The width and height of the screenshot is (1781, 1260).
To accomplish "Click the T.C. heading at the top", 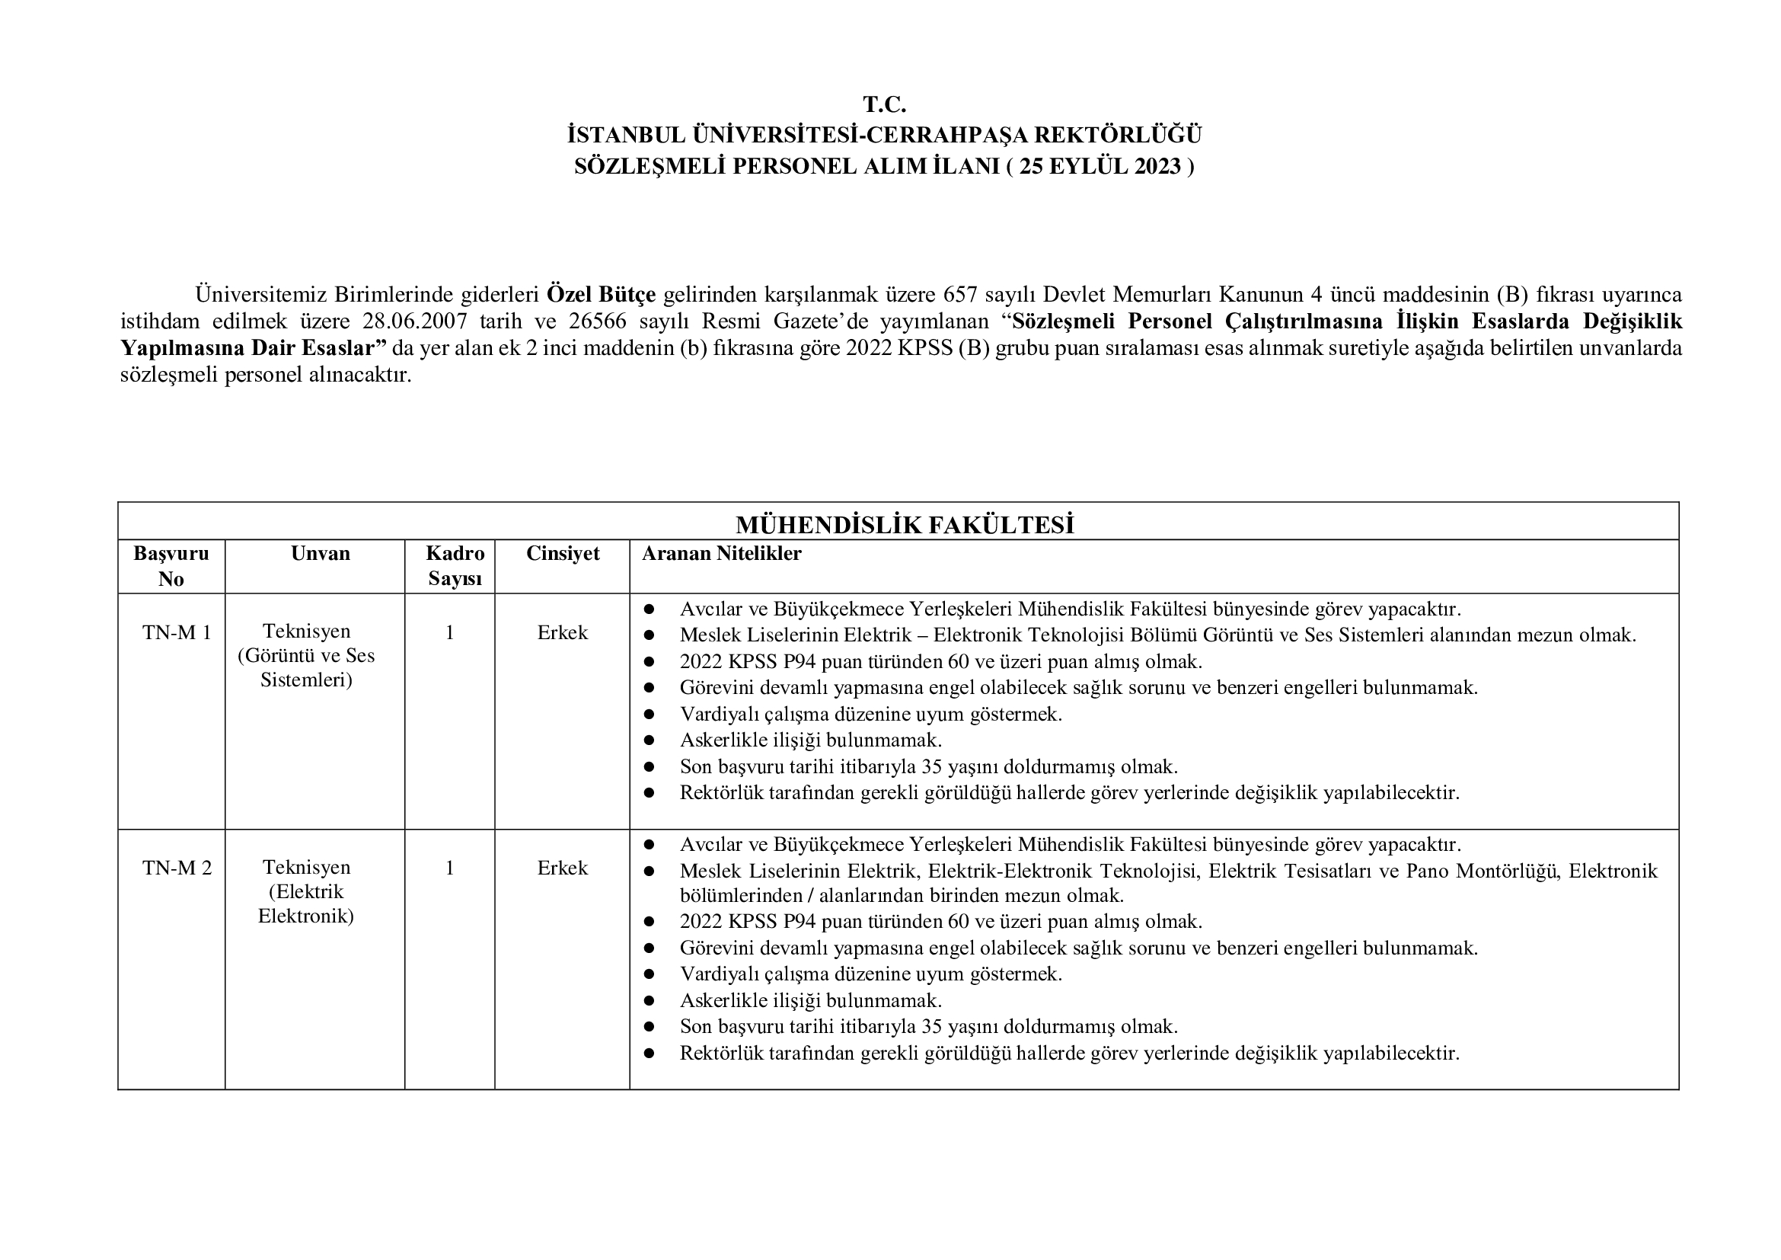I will pos(884,104).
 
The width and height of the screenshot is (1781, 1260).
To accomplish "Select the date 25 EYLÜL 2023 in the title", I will pos(1100,167).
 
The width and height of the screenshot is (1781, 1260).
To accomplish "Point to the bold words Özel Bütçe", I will pos(602,295).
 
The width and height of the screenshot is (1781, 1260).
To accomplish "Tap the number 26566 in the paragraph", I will pos(597,321).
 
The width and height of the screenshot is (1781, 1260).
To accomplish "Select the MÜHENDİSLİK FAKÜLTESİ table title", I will pos(905,526).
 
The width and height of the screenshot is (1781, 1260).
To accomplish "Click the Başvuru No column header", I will pos(171,565).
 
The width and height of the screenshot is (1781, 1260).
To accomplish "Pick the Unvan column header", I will pos(321,553).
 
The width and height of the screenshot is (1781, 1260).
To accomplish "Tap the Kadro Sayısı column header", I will pos(455,565).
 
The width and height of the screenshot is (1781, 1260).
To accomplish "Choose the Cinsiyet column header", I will pos(563,553).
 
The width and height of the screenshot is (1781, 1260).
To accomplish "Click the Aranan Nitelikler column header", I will pos(721,553).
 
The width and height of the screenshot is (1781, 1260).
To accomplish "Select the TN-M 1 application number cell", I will pos(177,632).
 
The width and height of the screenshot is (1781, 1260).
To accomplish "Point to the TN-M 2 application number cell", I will pos(177,868).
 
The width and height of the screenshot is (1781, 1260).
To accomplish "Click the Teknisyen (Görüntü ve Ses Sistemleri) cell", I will pos(306,656).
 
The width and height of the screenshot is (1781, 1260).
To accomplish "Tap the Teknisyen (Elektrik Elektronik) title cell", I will pos(306,891).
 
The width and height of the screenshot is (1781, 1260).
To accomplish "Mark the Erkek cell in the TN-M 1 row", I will pos(563,632).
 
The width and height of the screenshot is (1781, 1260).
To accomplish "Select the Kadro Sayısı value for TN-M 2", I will pos(450,868).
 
